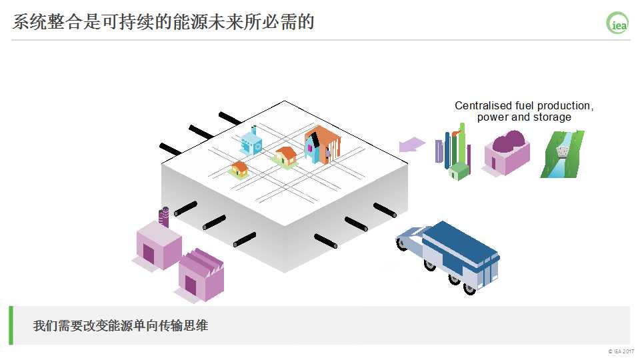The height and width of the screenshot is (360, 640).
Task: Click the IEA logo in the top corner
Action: click(x=617, y=24)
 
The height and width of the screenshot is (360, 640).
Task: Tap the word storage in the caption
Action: click(x=553, y=117)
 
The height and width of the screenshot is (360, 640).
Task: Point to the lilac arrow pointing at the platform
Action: click(x=412, y=145)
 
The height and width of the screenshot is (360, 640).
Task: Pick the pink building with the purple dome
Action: click(x=507, y=154)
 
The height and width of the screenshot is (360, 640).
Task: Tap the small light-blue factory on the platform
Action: click(x=252, y=142)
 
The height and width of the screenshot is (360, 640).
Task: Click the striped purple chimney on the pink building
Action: click(x=164, y=216)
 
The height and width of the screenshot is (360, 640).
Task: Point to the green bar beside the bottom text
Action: click(x=11, y=325)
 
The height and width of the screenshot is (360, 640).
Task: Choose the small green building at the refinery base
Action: click(x=458, y=171)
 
